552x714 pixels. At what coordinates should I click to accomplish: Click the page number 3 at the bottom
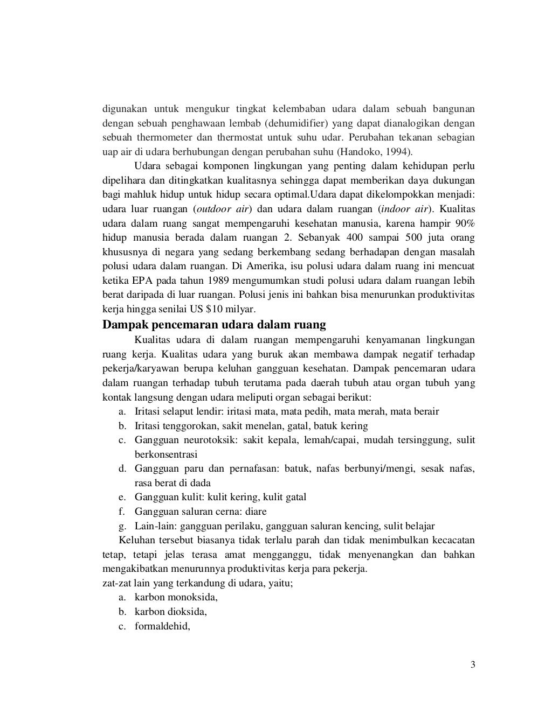(473, 664)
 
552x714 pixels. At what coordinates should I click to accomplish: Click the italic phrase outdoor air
(222, 209)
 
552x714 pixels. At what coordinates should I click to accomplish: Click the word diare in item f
(256, 512)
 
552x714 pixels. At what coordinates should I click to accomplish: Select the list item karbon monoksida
(176, 597)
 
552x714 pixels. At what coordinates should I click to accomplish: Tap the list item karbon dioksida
(171, 612)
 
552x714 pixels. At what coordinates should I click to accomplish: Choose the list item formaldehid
(162, 626)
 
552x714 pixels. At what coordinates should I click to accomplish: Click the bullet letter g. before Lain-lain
(122, 526)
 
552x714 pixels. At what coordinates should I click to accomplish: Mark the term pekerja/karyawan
(136, 369)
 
